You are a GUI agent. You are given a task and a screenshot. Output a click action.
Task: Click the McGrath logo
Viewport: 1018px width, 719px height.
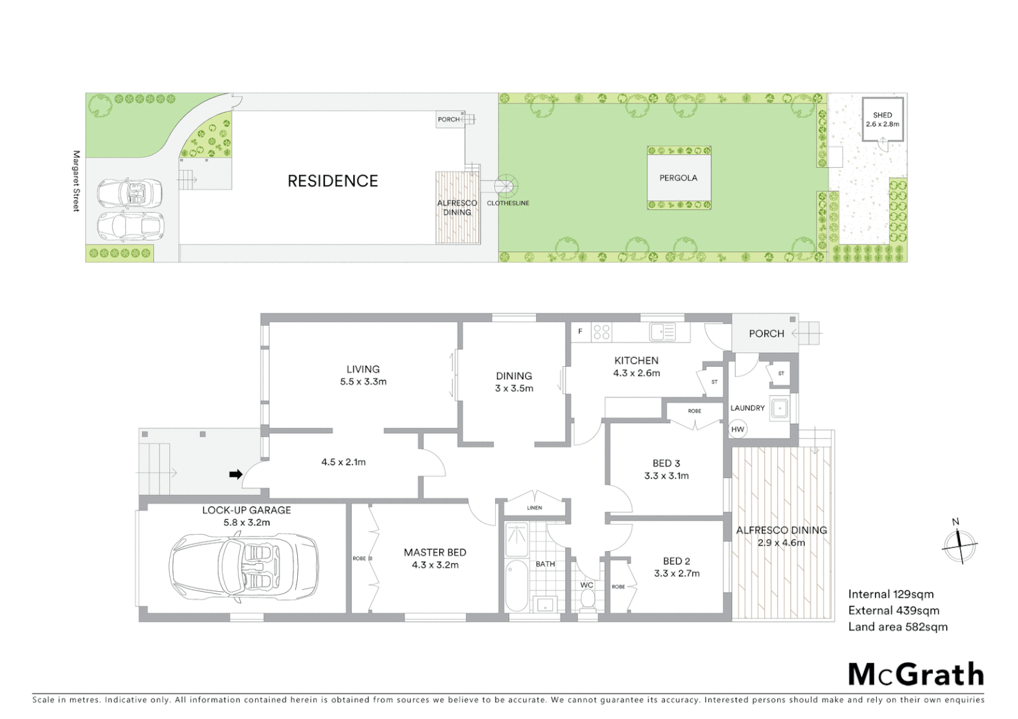[915, 674]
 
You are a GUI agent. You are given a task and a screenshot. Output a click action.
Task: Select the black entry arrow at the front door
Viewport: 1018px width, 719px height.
[235, 475]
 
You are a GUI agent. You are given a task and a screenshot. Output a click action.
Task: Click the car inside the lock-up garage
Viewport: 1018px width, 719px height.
[244, 567]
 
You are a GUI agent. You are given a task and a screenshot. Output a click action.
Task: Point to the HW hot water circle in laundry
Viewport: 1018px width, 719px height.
[738, 429]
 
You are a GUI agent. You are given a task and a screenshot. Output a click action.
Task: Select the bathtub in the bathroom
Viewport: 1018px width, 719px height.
[516, 586]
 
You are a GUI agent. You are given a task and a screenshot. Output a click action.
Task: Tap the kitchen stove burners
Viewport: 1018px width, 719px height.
[601, 332]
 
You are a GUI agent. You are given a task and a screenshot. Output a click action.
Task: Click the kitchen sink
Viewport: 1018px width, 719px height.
[662, 332]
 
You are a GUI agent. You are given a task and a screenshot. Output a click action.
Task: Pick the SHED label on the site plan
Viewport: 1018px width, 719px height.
[882, 115]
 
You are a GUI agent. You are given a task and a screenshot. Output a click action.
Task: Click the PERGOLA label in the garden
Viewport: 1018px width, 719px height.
[678, 178]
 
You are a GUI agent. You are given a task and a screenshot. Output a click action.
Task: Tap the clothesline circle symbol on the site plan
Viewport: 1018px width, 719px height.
[506, 186]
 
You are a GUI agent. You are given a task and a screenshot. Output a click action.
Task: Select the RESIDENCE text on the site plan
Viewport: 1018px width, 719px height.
[332, 181]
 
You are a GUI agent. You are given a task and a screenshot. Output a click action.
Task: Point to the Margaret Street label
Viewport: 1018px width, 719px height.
[76, 181]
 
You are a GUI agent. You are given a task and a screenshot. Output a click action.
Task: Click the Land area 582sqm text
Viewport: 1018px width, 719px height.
[897, 626]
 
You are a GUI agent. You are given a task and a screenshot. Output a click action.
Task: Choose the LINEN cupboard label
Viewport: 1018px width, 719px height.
[534, 508]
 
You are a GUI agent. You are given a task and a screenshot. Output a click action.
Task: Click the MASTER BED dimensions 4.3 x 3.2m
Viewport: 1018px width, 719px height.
[435, 565]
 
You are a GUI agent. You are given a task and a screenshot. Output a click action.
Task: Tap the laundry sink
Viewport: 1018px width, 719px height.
[779, 408]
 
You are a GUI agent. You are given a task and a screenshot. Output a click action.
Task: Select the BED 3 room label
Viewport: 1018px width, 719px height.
[666, 463]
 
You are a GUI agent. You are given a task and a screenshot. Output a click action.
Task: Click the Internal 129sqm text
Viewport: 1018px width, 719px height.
[891, 595]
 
